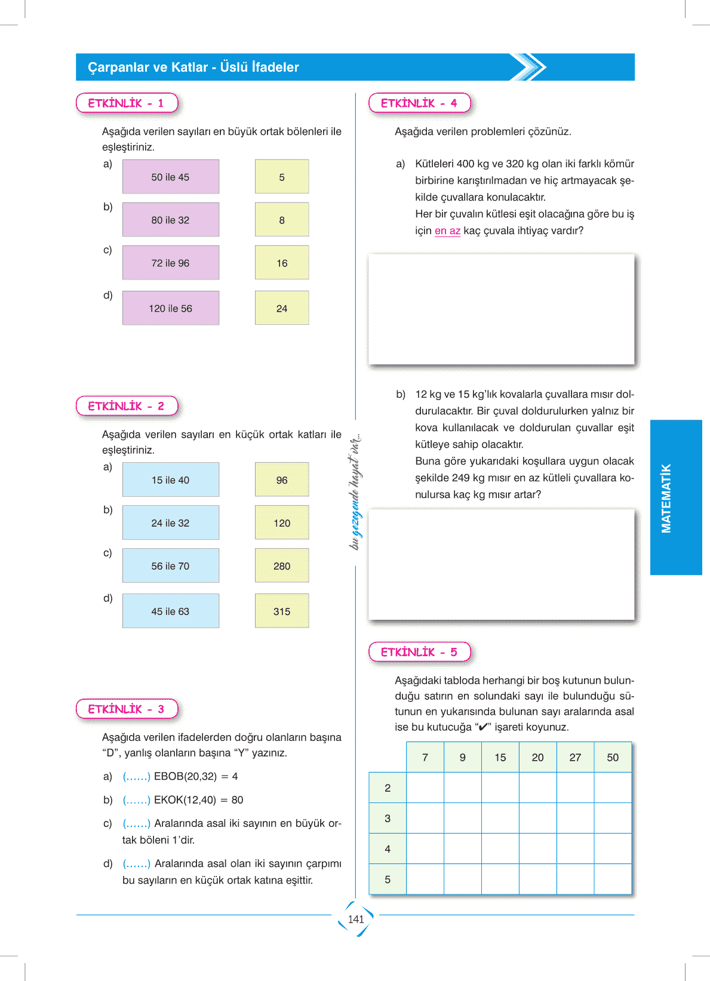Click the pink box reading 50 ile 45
(x=170, y=177)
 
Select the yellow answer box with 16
(x=282, y=263)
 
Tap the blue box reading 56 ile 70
(x=170, y=565)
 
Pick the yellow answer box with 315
(x=282, y=611)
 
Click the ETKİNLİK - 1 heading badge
(x=127, y=103)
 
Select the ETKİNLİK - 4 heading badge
(x=419, y=103)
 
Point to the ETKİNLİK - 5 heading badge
(x=419, y=652)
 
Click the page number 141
(x=356, y=920)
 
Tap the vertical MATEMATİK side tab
(x=675, y=497)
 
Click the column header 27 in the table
(x=575, y=757)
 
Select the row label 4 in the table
(x=388, y=848)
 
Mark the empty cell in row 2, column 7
(x=425, y=788)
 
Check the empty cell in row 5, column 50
(x=613, y=879)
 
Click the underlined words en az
(x=447, y=231)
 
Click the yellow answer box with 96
(x=282, y=479)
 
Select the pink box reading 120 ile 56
(x=170, y=308)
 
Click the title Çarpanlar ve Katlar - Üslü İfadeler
(x=193, y=67)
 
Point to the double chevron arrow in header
(x=528, y=67)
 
